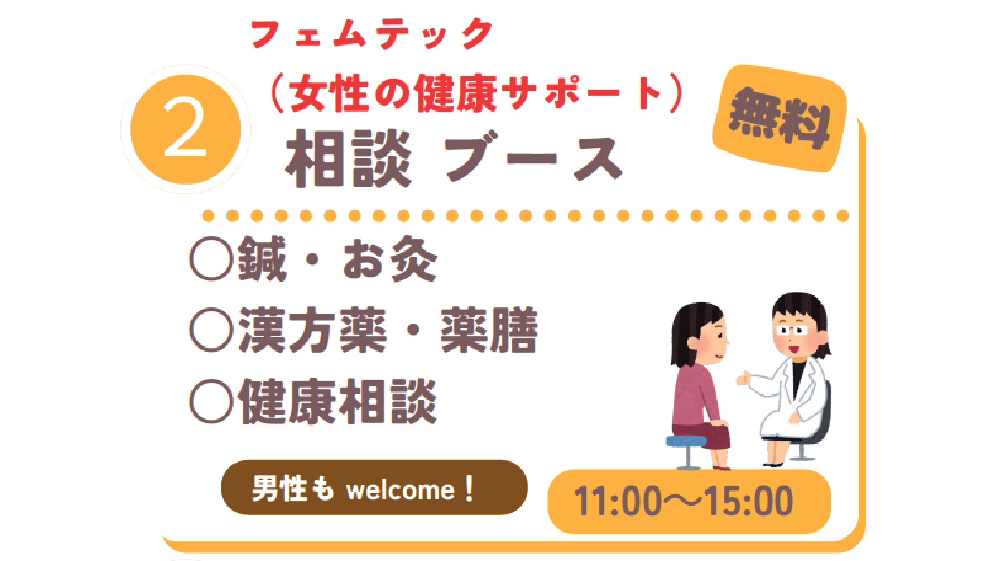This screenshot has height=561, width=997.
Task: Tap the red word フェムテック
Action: click(371, 34)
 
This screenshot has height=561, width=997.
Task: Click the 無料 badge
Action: click(780, 118)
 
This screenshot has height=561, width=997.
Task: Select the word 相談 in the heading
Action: click(348, 158)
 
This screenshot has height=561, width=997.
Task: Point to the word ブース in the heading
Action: click(533, 156)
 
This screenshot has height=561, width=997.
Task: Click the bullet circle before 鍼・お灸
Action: click(211, 259)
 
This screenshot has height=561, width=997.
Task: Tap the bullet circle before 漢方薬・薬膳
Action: click(211, 330)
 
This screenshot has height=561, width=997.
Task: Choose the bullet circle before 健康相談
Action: click(211, 401)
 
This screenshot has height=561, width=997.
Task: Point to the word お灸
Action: click(390, 259)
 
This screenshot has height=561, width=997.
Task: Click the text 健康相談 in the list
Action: click(338, 401)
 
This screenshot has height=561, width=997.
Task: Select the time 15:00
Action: click(748, 501)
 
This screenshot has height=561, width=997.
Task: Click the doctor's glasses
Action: click(792, 330)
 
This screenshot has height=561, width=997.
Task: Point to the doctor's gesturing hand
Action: click(742, 378)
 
